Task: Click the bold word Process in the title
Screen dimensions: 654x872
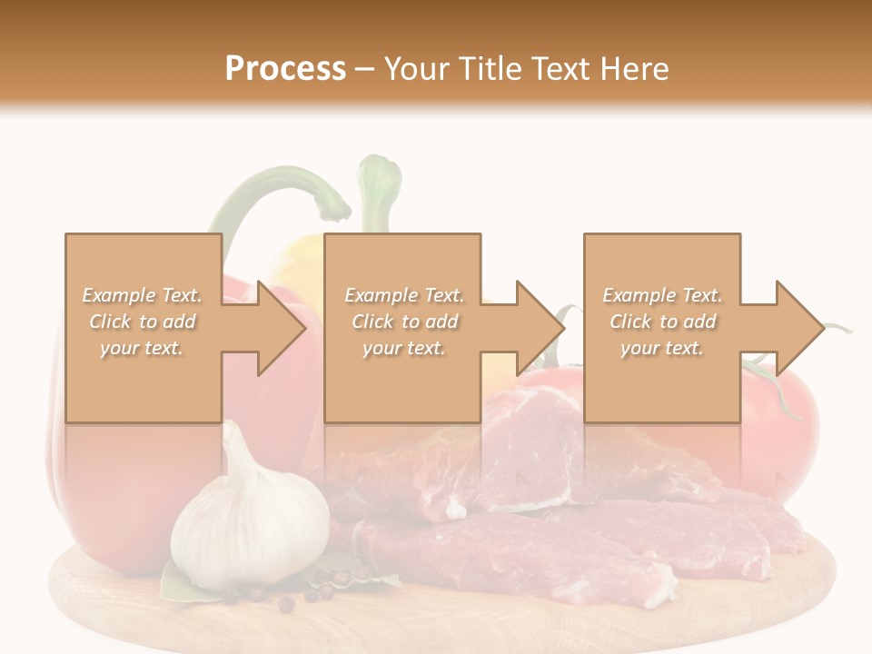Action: click(285, 68)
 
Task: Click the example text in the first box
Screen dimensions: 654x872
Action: click(143, 322)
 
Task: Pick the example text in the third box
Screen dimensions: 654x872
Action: click(662, 322)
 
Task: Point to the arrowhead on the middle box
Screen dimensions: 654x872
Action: click(535, 328)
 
